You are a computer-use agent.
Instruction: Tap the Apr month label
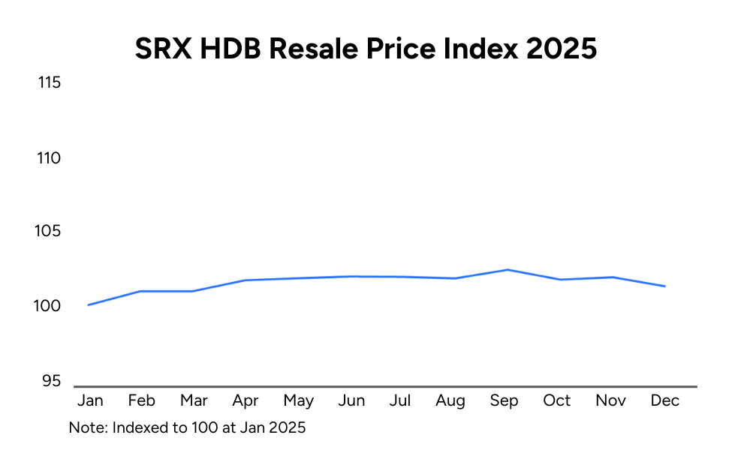246,401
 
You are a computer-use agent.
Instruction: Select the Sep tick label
504,401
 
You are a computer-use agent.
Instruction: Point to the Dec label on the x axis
664,401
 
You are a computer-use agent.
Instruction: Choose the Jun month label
351,401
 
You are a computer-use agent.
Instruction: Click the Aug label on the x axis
450,401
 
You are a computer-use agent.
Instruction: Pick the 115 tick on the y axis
49,82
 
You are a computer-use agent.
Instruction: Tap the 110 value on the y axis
49,158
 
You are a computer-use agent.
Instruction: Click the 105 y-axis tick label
49,232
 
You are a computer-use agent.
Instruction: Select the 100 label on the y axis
49,306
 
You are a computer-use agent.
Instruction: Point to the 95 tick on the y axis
51,381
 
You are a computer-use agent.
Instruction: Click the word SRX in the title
160,49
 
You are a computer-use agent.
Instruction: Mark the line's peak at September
508,270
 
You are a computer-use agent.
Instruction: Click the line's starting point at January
89,304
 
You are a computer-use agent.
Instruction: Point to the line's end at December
664,286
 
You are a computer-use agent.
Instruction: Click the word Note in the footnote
85,427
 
